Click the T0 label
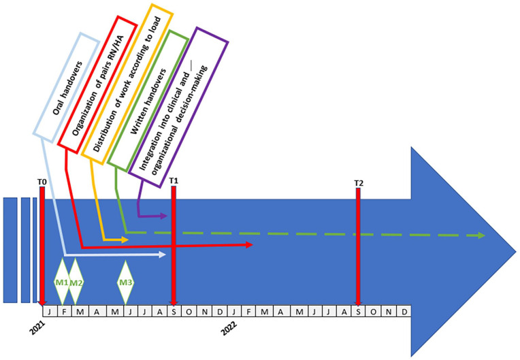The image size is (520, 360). point(42,182)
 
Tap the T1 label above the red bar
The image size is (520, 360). point(174,181)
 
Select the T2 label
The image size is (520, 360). point(359,184)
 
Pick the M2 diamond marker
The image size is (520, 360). point(76,282)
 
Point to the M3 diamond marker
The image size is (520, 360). point(125,282)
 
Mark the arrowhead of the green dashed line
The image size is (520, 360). point(481,235)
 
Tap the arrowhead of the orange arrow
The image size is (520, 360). point(125,240)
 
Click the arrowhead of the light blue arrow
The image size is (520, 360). point(163,255)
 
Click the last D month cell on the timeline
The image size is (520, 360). point(404,311)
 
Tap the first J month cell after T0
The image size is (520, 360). point(49,311)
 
